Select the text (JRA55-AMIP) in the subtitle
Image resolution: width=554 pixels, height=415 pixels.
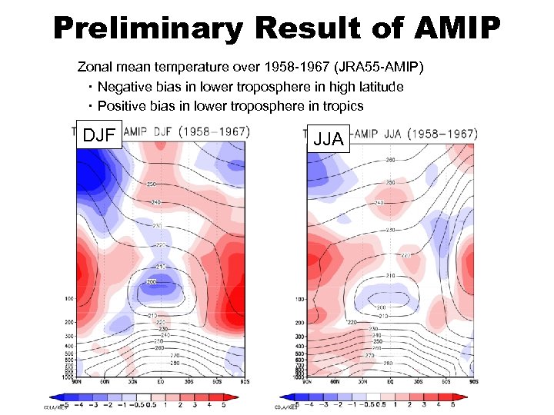pos(382,68)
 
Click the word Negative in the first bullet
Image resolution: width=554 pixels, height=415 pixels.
pos(124,87)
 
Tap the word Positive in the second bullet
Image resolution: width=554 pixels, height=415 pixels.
pos(121,106)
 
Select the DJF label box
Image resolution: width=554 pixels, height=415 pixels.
pos(98,135)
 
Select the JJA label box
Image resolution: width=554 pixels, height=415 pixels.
pos(329,139)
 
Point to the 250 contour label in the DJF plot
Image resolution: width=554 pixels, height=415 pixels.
pos(153,184)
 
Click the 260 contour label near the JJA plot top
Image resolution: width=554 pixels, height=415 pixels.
pos(392,161)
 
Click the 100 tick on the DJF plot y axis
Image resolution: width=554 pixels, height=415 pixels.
pos(68,298)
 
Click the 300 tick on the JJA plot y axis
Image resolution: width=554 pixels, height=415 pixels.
pos(299,337)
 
